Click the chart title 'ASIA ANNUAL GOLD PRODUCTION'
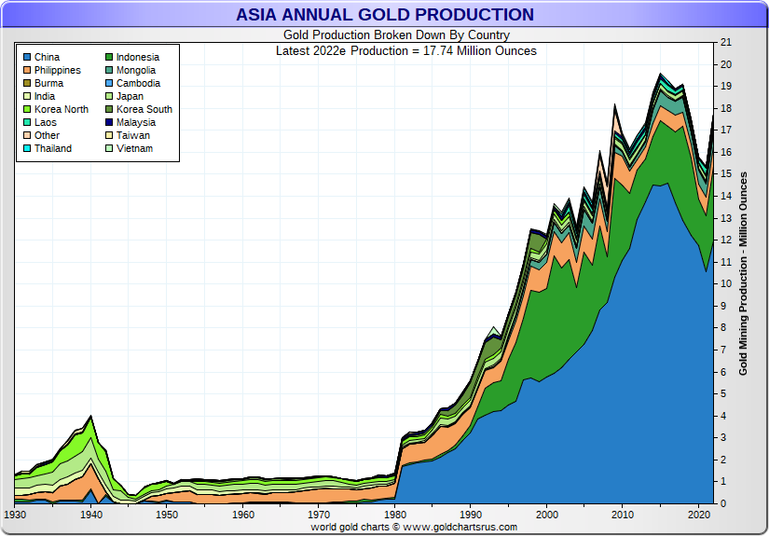(x=385, y=15)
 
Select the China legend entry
(x=47, y=58)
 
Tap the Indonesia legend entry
(x=137, y=58)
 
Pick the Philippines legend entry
(x=57, y=71)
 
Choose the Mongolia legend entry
(x=136, y=71)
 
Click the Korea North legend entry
(x=62, y=110)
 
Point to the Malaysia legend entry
(x=135, y=123)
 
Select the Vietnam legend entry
(x=133, y=149)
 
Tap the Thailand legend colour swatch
(x=26, y=149)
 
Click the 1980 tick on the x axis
(x=396, y=515)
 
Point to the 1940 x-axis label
(x=91, y=515)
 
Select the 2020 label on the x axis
(x=700, y=515)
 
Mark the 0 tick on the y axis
(x=721, y=504)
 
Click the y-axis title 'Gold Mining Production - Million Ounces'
(x=744, y=273)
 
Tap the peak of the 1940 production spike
(x=90, y=416)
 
